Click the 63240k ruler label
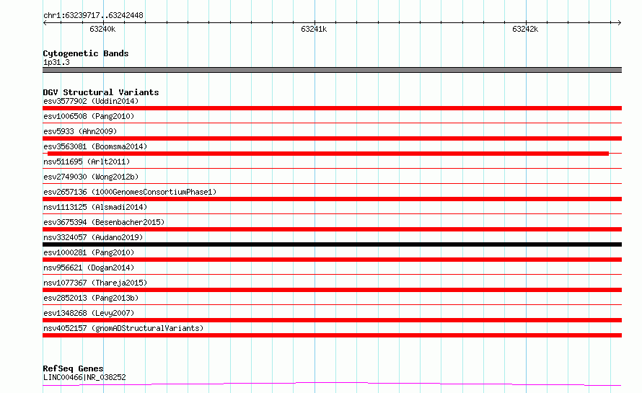click(102, 29)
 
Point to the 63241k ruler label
click(314, 29)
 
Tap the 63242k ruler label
click(525, 29)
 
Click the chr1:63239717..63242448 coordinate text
click(93, 16)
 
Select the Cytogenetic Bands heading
click(86, 53)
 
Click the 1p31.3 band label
click(56, 62)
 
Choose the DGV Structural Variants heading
click(101, 92)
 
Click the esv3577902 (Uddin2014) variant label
click(91, 101)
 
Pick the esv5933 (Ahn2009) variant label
click(80, 131)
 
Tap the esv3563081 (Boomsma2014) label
click(95, 146)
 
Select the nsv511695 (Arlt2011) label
click(87, 162)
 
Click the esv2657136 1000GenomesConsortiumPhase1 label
click(130, 192)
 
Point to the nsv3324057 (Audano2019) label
click(93, 237)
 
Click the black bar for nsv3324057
click(332, 244)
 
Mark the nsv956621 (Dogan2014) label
click(89, 268)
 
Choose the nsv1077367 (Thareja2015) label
click(95, 283)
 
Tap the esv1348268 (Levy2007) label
click(89, 313)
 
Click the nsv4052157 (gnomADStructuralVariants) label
click(123, 328)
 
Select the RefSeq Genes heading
click(73, 368)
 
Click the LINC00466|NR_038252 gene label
click(84, 377)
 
